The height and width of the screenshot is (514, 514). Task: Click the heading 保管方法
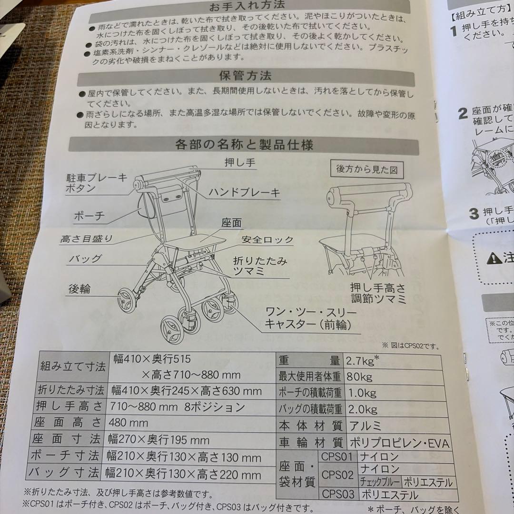245,76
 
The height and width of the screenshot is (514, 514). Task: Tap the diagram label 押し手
240,163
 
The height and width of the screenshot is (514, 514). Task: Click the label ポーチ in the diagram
89,215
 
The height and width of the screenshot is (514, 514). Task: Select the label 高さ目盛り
87,239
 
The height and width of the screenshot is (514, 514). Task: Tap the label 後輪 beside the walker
79,289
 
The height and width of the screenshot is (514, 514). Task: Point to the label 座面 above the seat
231,223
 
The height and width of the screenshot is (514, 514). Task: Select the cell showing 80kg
360,377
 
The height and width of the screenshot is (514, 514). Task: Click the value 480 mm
128,423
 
